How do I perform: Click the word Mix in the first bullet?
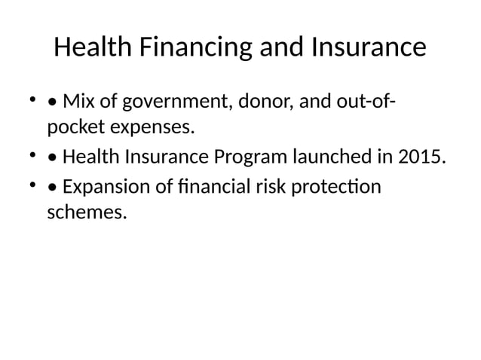point(78,101)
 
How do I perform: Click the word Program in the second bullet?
point(248,157)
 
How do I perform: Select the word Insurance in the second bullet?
point(162,157)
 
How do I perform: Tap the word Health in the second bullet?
point(87,157)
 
